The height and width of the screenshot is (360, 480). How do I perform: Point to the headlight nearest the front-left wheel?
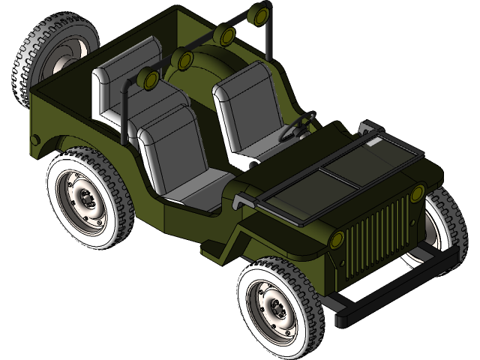click(x=337, y=240)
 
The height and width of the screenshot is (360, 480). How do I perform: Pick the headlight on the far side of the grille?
click(x=417, y=195)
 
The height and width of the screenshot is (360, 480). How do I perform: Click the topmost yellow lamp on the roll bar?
click(x=262, y=13)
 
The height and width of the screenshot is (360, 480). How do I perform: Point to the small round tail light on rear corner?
click(x=34, y=139)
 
